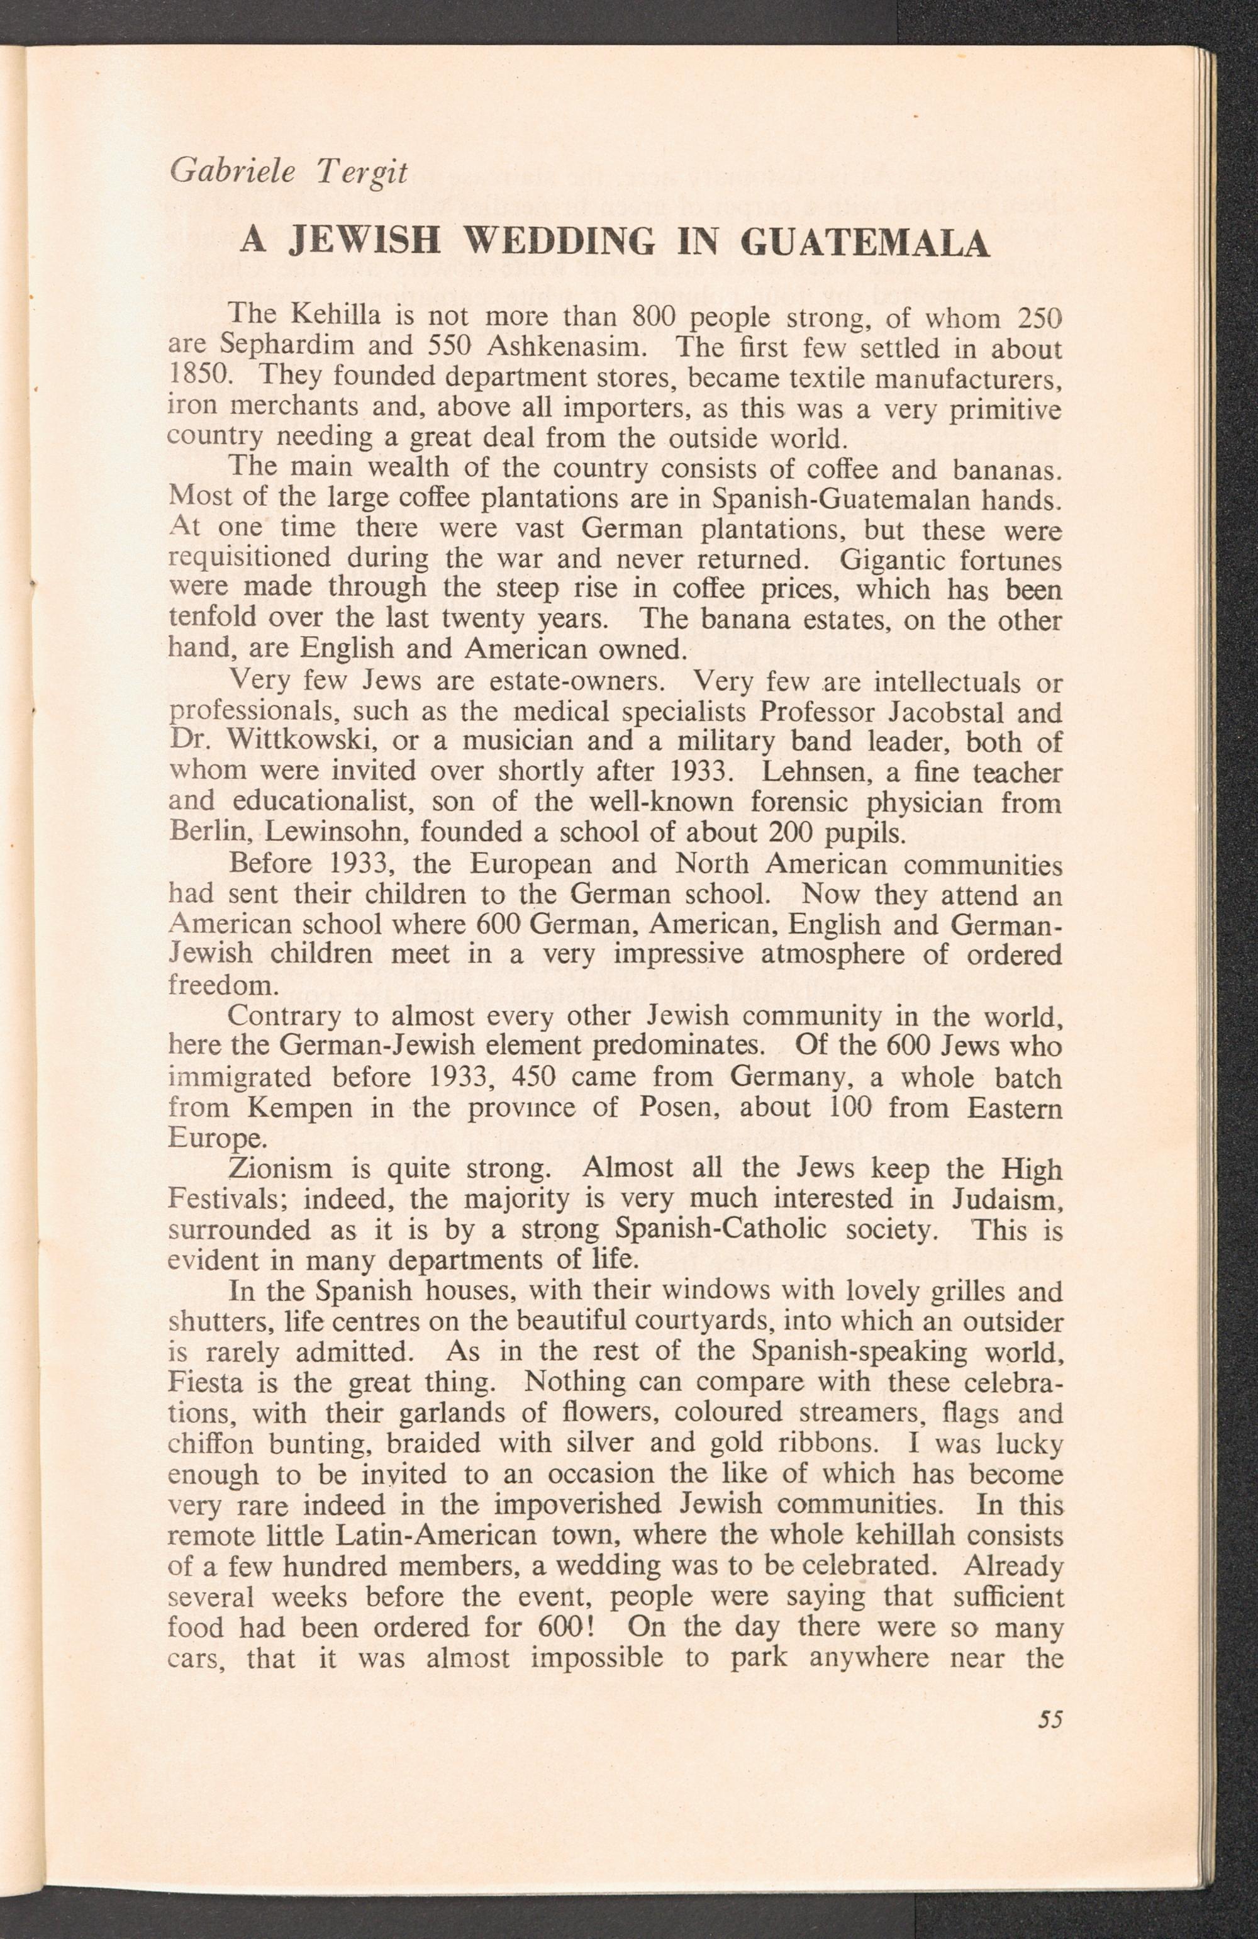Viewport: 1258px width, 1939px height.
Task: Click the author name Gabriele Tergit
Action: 287,172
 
